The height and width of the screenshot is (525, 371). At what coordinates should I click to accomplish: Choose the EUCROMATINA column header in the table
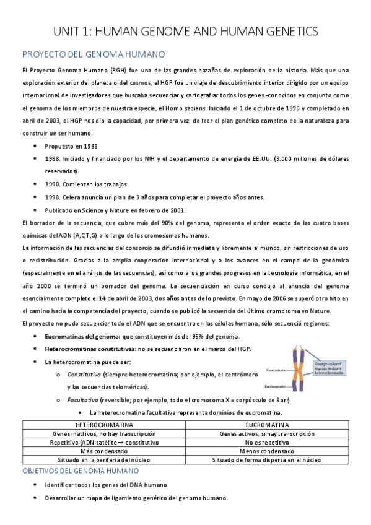267,425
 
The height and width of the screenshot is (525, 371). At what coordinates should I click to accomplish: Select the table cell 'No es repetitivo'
267,443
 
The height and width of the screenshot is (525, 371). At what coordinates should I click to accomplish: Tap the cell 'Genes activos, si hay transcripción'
267,434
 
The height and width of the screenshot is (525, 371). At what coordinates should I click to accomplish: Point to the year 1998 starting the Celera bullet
52,197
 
